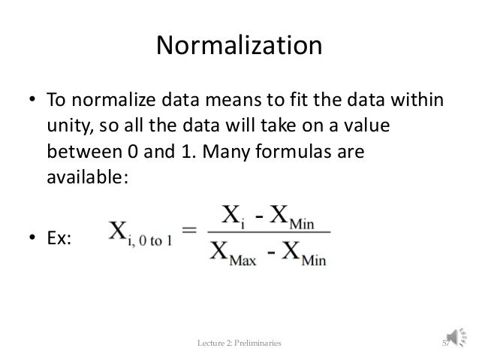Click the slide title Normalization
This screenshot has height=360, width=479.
pos(239,47)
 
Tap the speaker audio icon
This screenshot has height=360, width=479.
pos(459,342)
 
